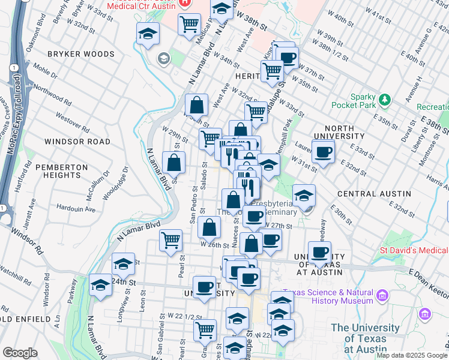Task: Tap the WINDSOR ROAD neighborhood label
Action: tap(77, 142)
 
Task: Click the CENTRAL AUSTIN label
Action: tap(374, 194)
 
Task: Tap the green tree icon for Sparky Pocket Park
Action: tap(384, 98)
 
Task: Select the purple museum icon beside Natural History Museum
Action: tap(382, 295)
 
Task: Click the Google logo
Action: tap(20, 353)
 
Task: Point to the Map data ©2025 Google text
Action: tap(412, 355)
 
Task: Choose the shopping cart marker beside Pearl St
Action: tap(171, 239)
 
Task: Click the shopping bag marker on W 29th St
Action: tap(173, 161)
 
